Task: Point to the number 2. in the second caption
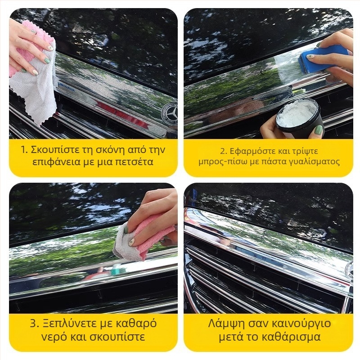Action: coord(224,151)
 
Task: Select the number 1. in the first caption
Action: coord(25,150)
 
